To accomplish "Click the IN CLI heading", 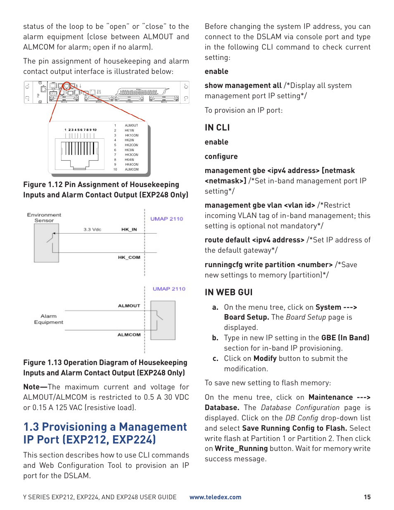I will [217, 128].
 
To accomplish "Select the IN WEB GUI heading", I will [228, 292].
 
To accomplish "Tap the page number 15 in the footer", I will [367, 497].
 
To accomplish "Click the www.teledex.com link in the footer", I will [215, 497].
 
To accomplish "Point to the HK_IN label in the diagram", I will [129, 229].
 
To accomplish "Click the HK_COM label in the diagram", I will [129, 257].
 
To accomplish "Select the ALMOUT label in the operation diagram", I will [129, 306].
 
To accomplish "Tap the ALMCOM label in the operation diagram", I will [129, 335].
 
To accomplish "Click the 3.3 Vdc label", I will [92, 229].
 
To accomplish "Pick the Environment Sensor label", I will [44, 218].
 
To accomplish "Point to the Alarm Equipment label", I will [49, 319].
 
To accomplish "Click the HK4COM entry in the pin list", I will [132, 164].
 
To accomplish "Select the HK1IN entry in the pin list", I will [129, 130].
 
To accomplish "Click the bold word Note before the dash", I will [31, 387].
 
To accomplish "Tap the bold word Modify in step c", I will [265, 358].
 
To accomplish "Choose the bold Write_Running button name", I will [241, 448].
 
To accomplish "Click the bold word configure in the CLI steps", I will [221, 157].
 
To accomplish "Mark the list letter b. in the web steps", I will [215, 338].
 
